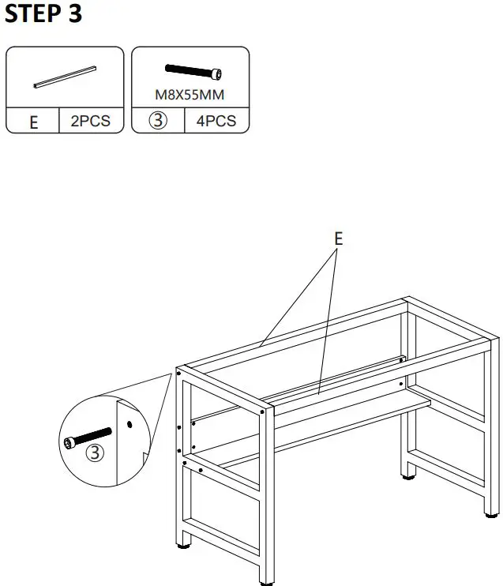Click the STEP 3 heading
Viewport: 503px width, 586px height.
(x=43, y=13)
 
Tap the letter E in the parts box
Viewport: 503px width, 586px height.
(x=33, y=123)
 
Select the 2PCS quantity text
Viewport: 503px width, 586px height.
(x=91, y=122)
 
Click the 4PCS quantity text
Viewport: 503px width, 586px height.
(x=216, y=122)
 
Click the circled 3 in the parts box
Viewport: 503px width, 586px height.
(x=157, y=122)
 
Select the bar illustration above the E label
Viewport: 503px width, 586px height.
(x=65, y=75)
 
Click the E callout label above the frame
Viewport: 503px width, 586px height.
(x=338, y=238)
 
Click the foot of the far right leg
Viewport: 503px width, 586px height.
(x=489, y=517)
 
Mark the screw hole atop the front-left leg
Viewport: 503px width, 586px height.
(x=180, y=371)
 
